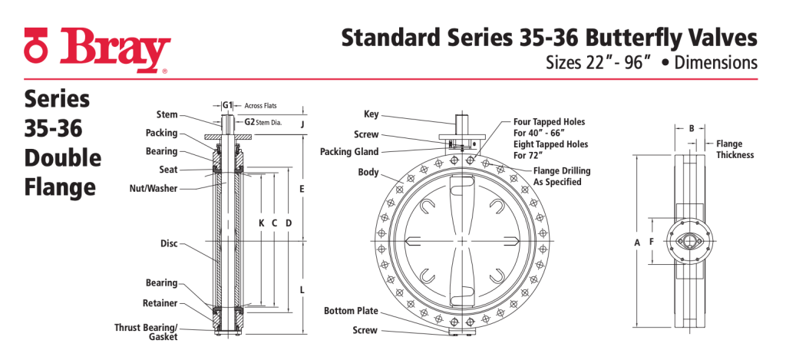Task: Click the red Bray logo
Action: (97, 50)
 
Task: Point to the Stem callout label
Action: (167, 115)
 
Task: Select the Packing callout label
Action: (161, 133)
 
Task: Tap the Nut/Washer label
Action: (154, 189)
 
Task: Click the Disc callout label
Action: (169, 243)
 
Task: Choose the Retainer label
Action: (160, 303)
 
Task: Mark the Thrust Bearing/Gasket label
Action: (146, 332)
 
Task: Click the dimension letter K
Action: (261, 223)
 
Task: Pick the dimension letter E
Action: (302, 189)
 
